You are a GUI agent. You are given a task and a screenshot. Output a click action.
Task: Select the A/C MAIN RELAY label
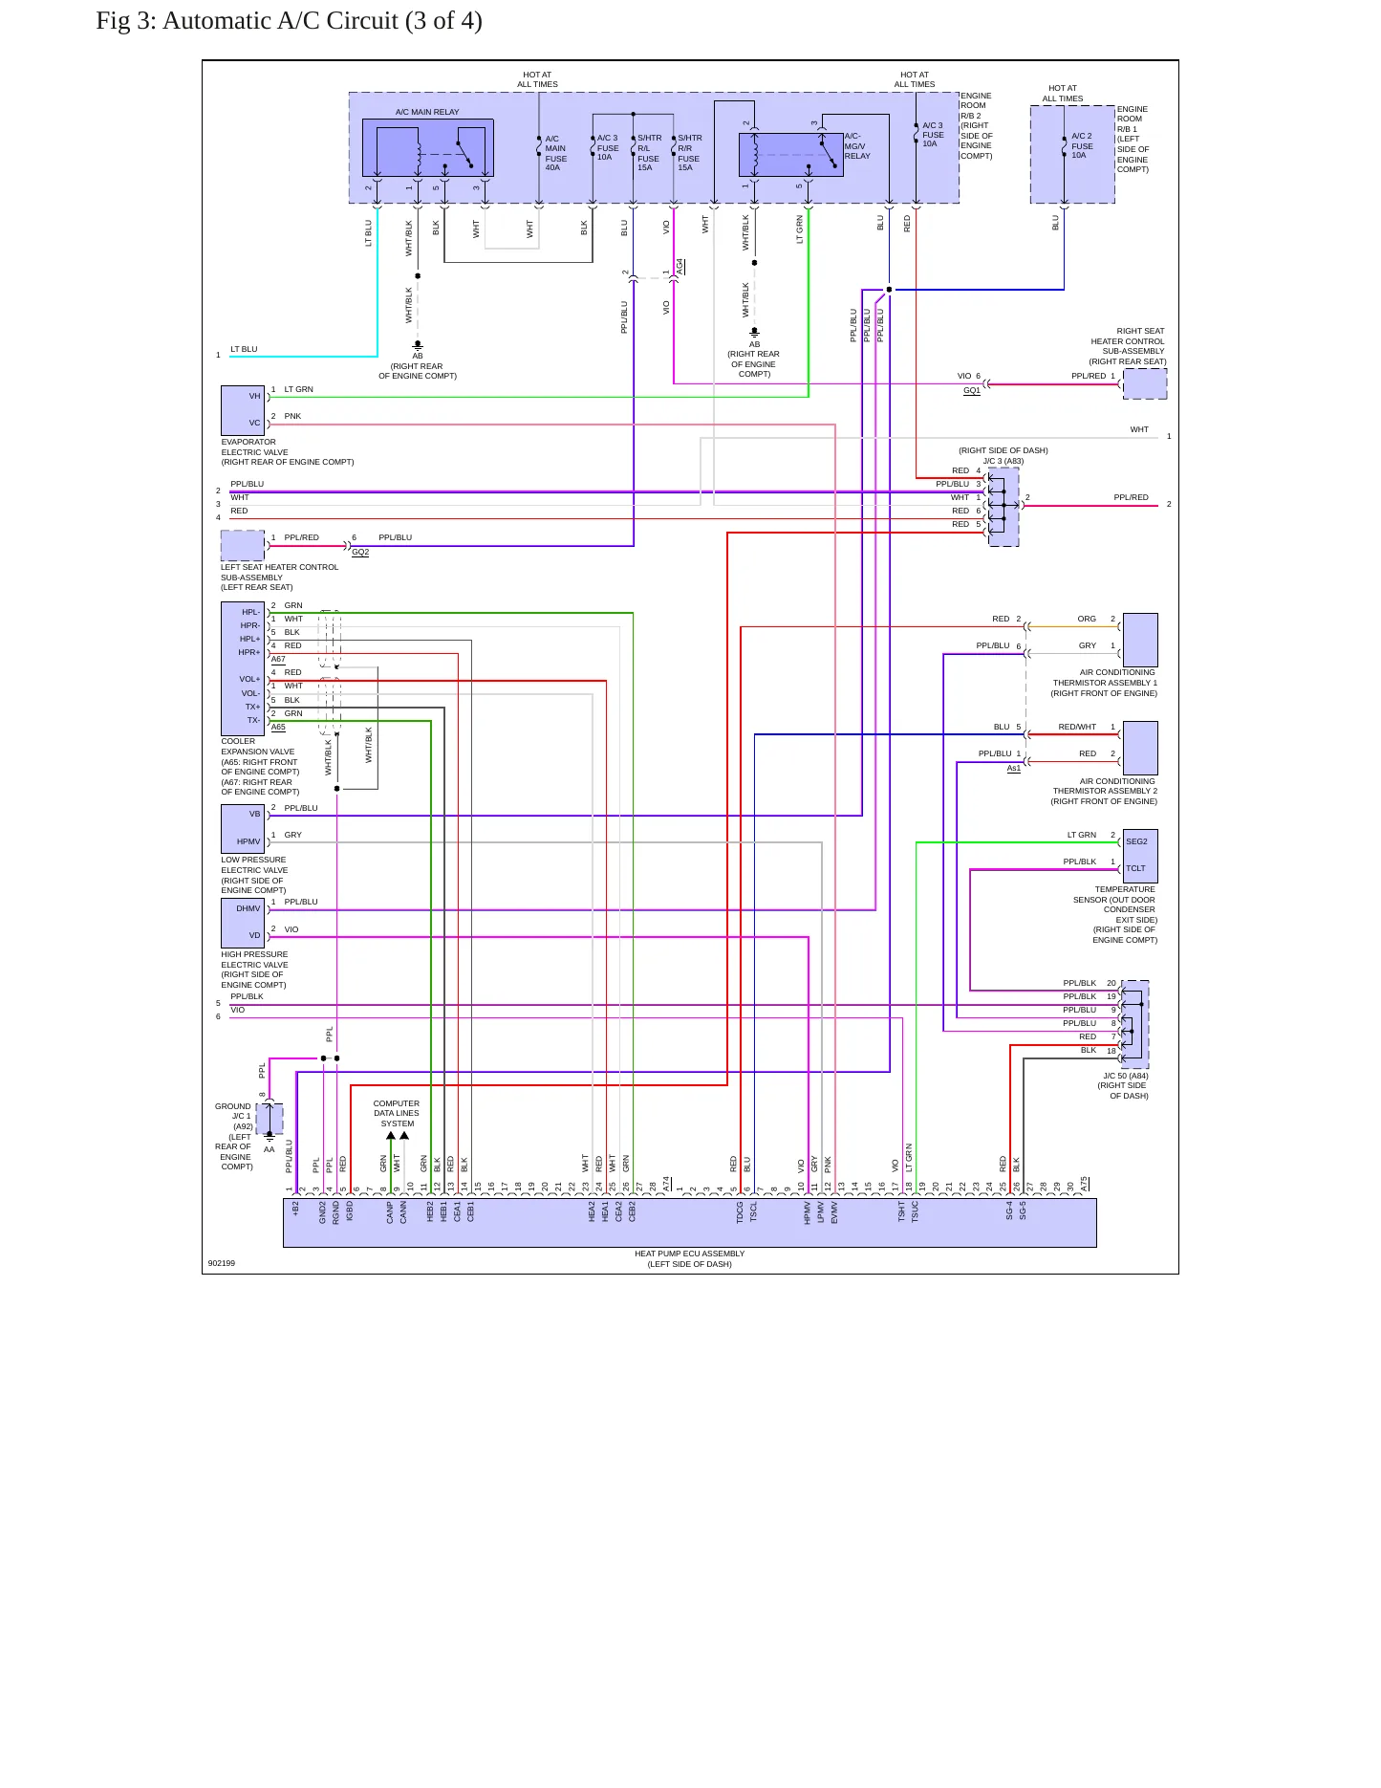[x=427, y=112]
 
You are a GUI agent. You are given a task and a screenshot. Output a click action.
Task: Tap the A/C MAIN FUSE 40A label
[x=555, y=153]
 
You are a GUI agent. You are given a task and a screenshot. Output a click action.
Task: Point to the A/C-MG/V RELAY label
[x=857, y=146]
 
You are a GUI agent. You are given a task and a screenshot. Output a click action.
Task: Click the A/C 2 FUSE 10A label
[x=1082, y=145]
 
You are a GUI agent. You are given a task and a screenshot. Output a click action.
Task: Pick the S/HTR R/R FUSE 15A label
[x=689, y=153]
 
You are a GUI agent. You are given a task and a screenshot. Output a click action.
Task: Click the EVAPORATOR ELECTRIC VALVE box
[x=243, y=410]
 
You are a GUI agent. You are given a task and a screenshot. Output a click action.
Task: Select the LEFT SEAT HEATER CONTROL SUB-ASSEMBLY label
[x=279, y=578]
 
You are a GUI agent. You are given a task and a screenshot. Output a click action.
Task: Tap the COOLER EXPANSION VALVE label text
[x=260, y=767]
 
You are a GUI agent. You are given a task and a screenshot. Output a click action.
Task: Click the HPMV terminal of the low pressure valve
[x=248, y=842]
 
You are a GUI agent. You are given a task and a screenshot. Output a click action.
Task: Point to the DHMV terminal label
[x=248, y=909]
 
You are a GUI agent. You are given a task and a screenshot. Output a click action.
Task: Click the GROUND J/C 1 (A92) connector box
[x=270, y=1119]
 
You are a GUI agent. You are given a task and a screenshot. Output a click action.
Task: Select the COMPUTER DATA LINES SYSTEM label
[x=397, y=1114]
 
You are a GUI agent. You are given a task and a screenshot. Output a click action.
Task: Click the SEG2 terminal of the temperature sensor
[x=1136, y=842]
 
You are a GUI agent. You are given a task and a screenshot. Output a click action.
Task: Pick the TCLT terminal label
[x=1135, y=869]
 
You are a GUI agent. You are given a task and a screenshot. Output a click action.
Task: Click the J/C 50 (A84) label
[x=1126, y=1076]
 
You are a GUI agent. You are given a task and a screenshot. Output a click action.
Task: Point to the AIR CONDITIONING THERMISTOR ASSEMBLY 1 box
[x=1140, y=640]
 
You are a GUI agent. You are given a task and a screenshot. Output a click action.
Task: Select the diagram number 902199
[x=222, y=1263]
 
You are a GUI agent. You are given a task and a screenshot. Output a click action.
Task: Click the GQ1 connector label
[x=972, y=390]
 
